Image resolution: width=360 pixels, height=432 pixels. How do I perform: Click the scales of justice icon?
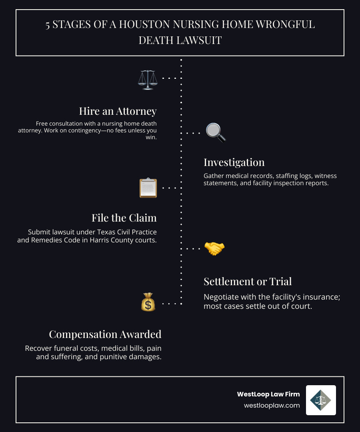point(148,80)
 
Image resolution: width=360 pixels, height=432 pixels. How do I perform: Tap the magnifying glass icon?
point(216,132)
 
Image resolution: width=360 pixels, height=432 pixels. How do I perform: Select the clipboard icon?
point(148,188)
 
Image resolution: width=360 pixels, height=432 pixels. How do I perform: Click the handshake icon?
point(214,248)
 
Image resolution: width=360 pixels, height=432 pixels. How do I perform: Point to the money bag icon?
point(148,302)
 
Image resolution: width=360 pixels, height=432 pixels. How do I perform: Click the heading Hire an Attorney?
point(118,111)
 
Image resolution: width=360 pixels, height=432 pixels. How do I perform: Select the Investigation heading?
point(234,162)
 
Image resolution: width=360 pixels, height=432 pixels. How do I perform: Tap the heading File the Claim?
point(124,218)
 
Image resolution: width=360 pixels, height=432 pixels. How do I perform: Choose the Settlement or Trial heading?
point(248,281)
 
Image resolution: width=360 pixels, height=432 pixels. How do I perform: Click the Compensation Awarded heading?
point(105,334)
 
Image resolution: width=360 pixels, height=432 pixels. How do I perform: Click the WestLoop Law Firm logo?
point(321,400)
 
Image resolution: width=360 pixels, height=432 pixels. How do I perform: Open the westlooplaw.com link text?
point(272,405)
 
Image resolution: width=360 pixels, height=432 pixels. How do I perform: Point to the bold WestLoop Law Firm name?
point(268,394)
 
